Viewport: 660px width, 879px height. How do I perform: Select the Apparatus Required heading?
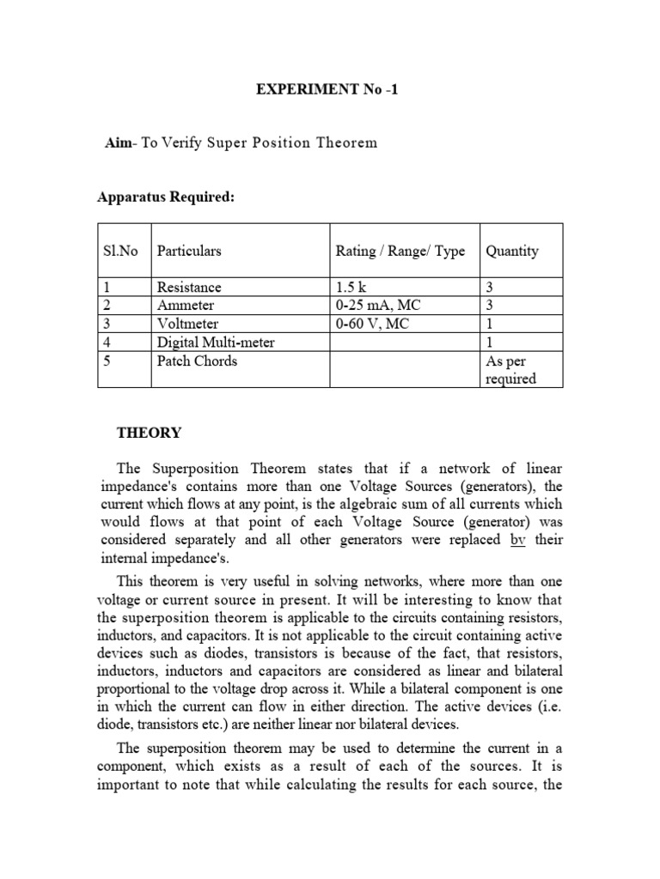tap(165, 197)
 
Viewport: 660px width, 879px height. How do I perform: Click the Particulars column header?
tap(189, 251)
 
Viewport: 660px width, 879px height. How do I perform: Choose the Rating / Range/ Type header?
tap(400, 251)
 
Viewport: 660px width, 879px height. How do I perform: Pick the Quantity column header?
tap(512, 251)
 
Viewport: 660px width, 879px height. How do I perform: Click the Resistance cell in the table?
tap(188, 288)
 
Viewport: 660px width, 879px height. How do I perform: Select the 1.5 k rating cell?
tap(352, 288)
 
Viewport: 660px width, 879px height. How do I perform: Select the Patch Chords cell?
tap(197, 361)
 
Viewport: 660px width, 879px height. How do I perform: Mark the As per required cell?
tap(510, 370)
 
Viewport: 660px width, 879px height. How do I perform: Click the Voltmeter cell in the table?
tap(187, 324)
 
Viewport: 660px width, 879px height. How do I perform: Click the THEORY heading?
tap(149, 433)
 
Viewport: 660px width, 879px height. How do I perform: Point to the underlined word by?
tap(517, 539)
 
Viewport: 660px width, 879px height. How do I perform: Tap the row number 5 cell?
tap(104, 361)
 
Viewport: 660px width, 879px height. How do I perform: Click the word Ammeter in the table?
tap(186, 306)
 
